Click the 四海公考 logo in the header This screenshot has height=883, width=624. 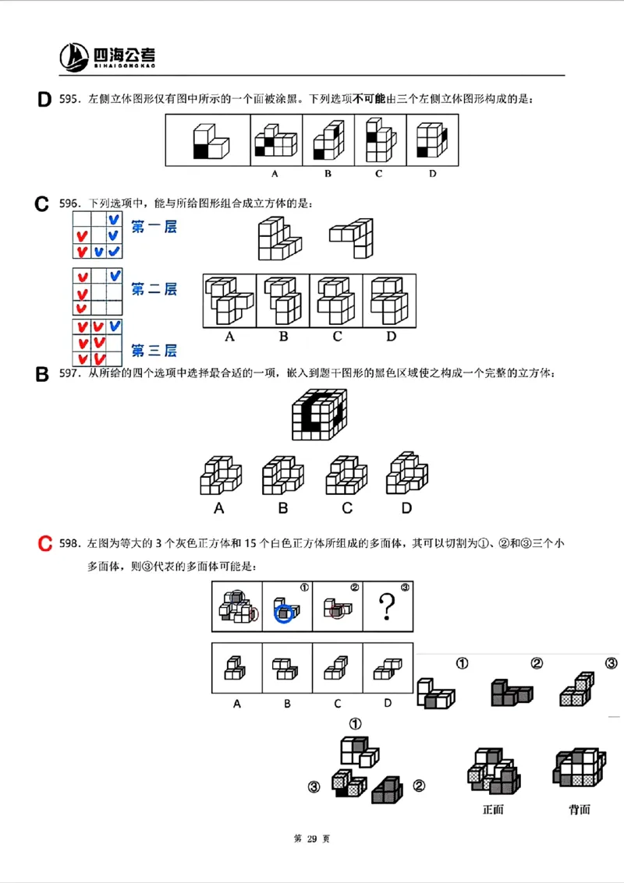pyautogui.click(x=108, y=55)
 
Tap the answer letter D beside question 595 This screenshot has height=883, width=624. pyautogui.click(x=44, y=99)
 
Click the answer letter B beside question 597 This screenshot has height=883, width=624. pyautogui.click(x=43, y=375)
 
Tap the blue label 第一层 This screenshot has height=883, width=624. pyautogui.click(x=154, y=228)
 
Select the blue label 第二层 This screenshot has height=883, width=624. pyautogui.click(x=154, y=289)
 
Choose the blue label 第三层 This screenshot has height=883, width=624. pyautogui.click(x=154, y=350)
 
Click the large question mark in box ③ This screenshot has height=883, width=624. pyautogui.click(x=387, y=606)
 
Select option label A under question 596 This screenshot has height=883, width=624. pyautogui.click(x=229, y=337)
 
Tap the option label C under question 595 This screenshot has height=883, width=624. pyautogui.click(x=378, y=173)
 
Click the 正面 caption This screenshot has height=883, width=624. pyautogui.click(x=494, y=809)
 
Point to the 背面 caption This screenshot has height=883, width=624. pyautogui.click(x=579, y=809)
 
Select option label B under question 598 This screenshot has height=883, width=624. pyautogui.click(x=287, y=703)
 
